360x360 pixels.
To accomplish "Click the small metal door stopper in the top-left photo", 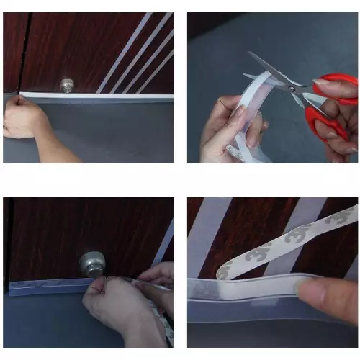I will pos(68,86).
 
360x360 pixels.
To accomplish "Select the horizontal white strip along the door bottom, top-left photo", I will pos(108,96).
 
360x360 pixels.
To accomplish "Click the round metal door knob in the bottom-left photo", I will pos(91,264).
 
